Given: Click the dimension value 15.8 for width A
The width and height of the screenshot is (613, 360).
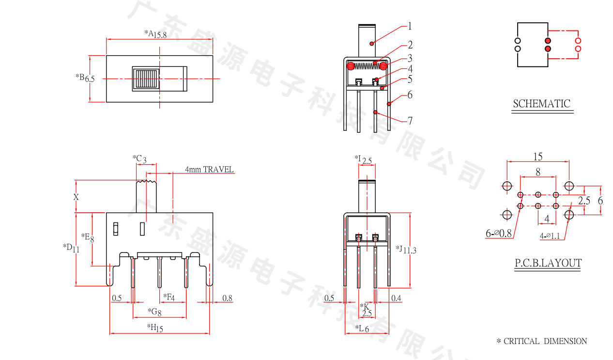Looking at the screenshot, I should (x=160, y=35).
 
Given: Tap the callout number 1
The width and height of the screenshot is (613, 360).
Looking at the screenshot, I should (x=410, y=26).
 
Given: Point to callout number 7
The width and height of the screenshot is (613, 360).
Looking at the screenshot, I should (x=410, y=120).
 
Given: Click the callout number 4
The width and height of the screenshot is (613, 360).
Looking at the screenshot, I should (x=410, y=69).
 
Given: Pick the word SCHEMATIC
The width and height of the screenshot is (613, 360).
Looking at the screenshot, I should (x=542, y=104).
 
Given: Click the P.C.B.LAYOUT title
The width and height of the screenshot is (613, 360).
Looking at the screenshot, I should (x=548, y=264).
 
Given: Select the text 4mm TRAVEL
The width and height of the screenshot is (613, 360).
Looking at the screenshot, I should (x=209, y=170).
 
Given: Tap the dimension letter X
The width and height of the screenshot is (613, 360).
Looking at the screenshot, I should (x=76, y=197).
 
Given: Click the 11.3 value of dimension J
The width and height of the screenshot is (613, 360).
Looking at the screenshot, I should (x=410, y=250).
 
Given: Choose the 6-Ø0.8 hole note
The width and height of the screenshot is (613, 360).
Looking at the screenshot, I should (x=499, y=234).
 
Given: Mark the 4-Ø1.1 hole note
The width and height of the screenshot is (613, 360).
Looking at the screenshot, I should (x=553, y=236).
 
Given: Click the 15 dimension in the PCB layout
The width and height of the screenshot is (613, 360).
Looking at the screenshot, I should (x=538, y=157).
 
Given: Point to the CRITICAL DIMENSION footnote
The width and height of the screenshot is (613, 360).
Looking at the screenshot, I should (x=542, y=341).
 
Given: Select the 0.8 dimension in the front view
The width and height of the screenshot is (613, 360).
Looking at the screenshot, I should (x=227, y=298).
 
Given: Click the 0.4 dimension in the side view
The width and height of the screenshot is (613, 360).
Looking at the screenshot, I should (x=396, y=298).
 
